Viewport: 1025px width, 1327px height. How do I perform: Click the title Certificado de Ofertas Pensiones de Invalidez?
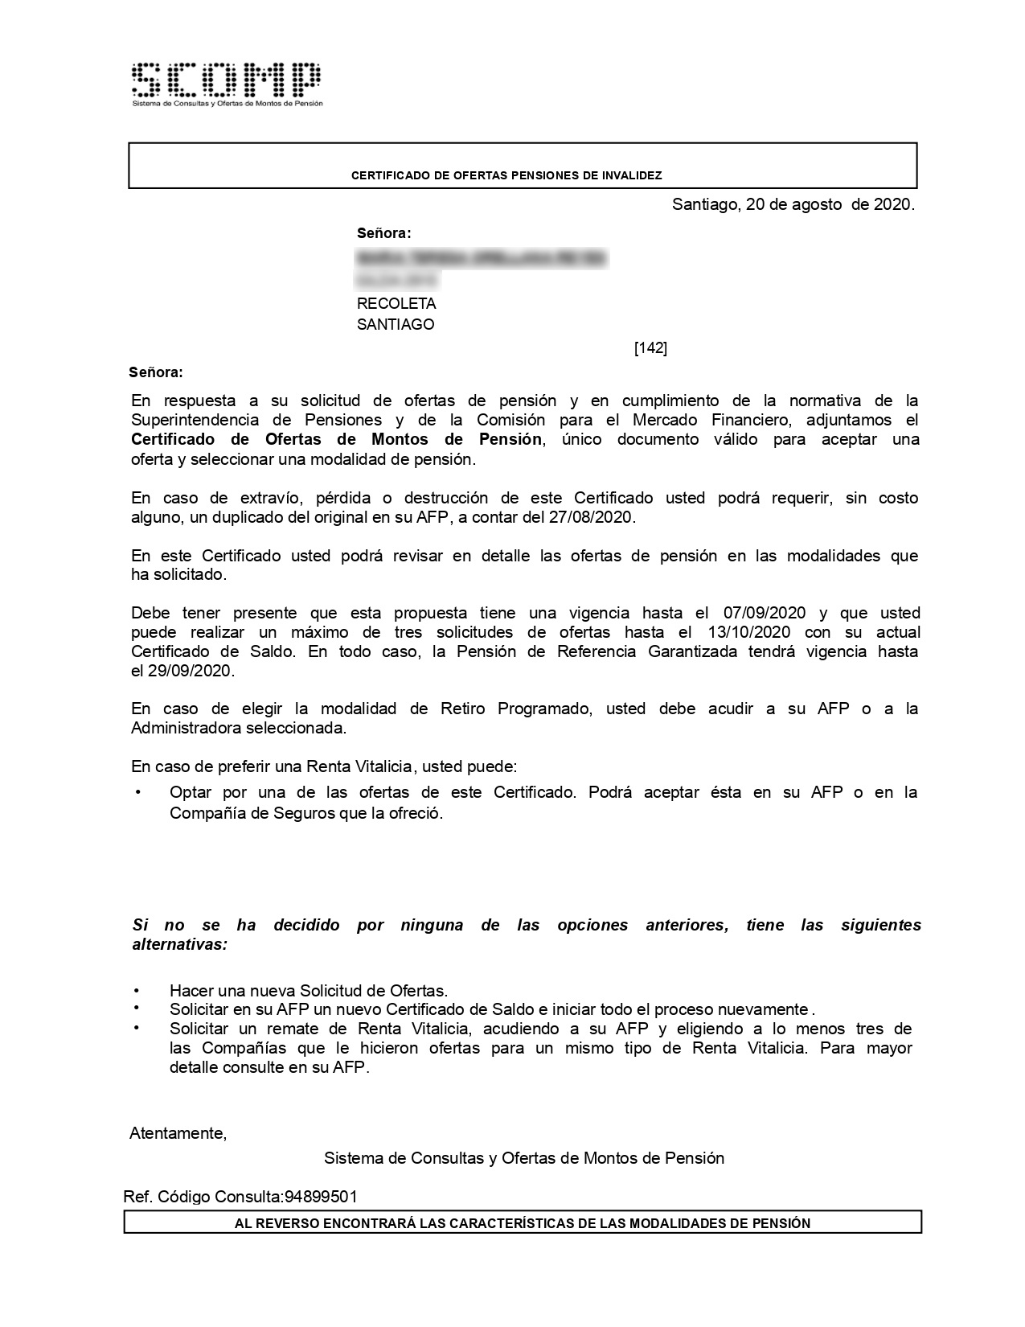tap(506, 175)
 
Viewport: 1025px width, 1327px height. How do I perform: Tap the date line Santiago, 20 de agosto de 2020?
tap(793, 204)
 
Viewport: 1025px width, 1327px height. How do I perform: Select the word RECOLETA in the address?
tap(396, 304)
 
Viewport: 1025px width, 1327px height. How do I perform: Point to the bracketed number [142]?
tap(650, 348)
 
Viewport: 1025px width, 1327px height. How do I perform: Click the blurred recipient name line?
tap(482, 259)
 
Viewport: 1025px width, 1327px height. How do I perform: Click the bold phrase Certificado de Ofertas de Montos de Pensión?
tap(337, 440)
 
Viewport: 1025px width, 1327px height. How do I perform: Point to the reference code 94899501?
tap(321, 1197)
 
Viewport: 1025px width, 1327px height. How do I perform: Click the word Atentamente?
tap(178, 1133)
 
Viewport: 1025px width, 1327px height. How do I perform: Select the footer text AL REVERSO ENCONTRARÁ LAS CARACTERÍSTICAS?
tap(523, 1223)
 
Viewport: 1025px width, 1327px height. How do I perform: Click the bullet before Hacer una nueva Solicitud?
tap(137, 990)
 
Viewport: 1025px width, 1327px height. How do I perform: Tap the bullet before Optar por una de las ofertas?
tap(137, 792)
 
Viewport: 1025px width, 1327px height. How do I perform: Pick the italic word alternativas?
tap(180, 944)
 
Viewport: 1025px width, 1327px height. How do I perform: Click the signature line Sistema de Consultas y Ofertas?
tap(523, 1158)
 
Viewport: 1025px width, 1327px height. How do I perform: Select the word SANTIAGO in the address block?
tap(396, 325)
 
